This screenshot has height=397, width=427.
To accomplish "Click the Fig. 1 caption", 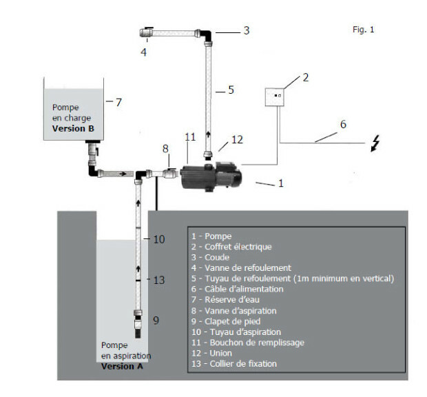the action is click(363, 30).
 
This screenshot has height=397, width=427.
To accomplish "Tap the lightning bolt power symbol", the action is click(375, 143).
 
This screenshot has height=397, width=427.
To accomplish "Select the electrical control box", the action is click(275, 97).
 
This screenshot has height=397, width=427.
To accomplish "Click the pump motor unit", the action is click(211, 176).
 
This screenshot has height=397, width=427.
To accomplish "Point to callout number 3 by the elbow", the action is click(247, 30).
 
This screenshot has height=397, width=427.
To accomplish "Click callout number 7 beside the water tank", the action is click(118, 102).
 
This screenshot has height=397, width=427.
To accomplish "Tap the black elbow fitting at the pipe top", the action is click(206, 35).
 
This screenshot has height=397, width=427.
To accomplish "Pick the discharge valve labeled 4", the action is click(146, 32).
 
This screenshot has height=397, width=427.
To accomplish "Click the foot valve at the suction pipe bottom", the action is click(138, 324).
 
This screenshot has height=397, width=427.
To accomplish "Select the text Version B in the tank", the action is click(73, 128).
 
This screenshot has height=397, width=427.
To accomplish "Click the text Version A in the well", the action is click(122, 366).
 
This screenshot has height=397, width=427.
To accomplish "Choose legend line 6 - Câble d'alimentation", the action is click(237, 289).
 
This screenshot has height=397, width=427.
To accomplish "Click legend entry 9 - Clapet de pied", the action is click(226, 321).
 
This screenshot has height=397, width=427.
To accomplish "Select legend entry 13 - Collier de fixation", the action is click(234, 363).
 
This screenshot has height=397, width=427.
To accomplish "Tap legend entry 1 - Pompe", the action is click(211, 236).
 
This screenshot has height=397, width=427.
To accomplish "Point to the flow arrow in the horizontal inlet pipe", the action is click(123, 174).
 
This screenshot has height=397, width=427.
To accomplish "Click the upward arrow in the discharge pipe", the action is click(208, 134).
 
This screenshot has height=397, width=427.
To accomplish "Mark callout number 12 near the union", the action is click(237, 139).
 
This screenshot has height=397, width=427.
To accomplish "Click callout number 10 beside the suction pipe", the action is click(159, 239).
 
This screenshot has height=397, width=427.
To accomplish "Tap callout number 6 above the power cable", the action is click(343, 124).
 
